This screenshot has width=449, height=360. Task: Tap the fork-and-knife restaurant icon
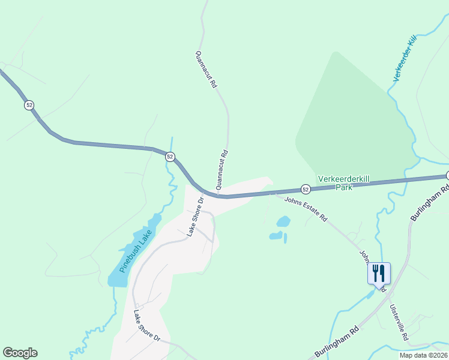pos(379,273)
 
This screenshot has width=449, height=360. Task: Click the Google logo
pos(20,353)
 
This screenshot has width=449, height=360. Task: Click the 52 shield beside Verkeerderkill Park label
pos(306,190)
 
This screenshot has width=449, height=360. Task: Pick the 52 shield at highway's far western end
pos(29,105)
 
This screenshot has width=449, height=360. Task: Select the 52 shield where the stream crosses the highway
pos(170,157)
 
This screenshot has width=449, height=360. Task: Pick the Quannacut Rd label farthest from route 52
pos(205,70)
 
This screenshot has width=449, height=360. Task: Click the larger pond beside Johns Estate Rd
pos(283,221)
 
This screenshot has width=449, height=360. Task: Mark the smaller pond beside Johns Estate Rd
pos(276,235)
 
